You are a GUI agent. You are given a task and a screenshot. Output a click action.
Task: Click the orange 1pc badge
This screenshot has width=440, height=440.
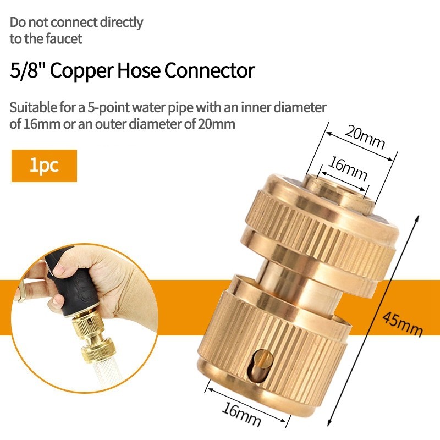[x=44, y=166]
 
